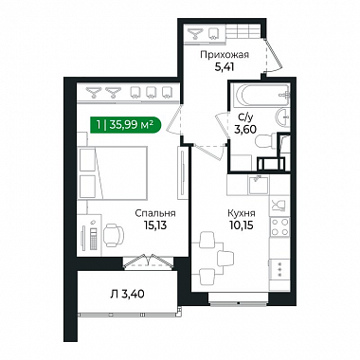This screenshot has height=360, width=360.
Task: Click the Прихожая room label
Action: tap(225, 55)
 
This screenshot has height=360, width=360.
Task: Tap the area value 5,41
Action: tap(224, 67)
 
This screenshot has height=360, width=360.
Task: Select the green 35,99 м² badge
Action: tap(126, 125)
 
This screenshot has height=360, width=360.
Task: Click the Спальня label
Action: tap(155, 213)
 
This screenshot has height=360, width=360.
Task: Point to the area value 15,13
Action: tap(154, 225)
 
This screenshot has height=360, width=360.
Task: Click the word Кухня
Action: tap(242, 214)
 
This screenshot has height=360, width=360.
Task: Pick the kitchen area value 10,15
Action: tap(242, 225)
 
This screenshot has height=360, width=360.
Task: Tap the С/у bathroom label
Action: tap(245, 117)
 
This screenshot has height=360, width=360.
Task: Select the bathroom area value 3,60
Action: tap(245, 129)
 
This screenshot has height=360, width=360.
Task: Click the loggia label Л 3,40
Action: tap(127, 295)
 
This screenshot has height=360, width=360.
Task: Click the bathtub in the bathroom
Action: tap(261, 95)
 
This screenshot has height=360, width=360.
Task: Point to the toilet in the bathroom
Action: tap(265, 141)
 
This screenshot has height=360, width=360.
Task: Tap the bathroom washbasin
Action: tap(282, 117)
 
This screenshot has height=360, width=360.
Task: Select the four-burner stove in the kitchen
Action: tap(279, 226)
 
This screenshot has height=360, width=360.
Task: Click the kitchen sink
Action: tap(259, 185)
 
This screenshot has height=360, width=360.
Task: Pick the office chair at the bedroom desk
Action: tap(114, 235)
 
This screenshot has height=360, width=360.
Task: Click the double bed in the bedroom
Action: tap(113, 172)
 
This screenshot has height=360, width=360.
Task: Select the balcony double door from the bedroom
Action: tap(148, 261)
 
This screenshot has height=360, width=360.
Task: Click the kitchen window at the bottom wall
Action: tap(238, 303)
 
